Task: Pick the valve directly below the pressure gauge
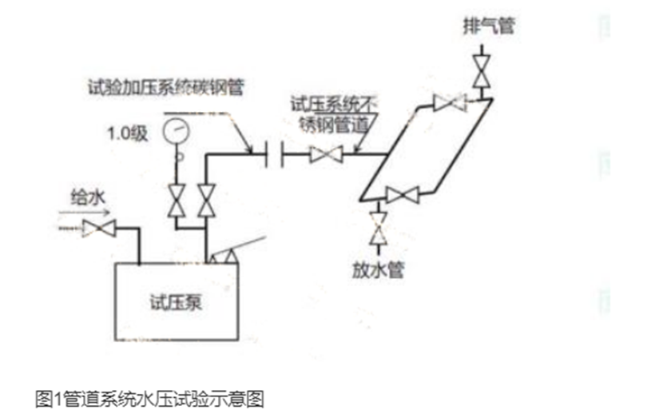pyautogui.click(x=174, y=200)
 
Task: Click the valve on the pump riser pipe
pyautogui.click(x=207, y=200)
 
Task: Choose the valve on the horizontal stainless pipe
pyautogui.click(x=326, y=153)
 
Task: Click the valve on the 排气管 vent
pyautogui.click(x=482, y=70)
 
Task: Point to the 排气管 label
pyautogui.click(x=488, y=25)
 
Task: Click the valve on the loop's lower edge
pyautogui.click(x=402, y=194)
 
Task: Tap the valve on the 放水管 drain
pyautogui.click(x=378, y=227)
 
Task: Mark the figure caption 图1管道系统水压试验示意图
pyautogui.click(x=150, y=397)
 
